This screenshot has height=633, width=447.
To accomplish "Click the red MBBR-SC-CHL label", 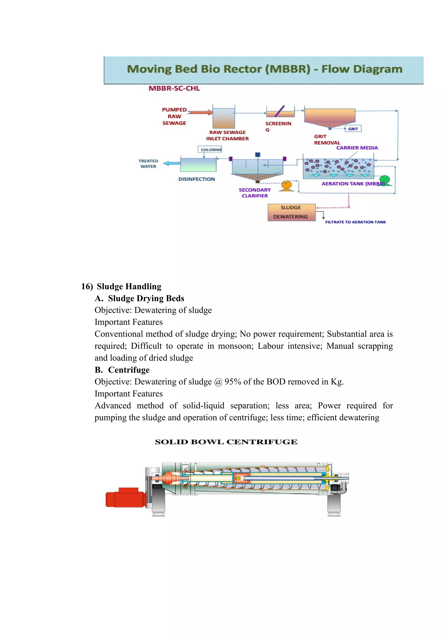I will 174,89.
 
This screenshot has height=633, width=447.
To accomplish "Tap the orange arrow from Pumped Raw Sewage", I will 200,112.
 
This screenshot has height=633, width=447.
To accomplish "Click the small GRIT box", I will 353,129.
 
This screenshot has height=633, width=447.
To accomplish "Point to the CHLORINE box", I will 210,150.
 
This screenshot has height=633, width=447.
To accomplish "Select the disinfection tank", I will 198,165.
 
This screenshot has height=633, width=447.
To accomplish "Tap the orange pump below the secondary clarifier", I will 287,186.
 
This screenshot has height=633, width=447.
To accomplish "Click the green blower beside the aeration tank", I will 385,180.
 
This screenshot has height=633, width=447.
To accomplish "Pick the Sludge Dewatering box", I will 291,212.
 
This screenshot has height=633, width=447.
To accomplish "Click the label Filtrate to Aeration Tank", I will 355,222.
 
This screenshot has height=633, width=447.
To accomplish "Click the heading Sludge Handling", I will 129,287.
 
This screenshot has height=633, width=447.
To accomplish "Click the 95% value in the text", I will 233,382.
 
